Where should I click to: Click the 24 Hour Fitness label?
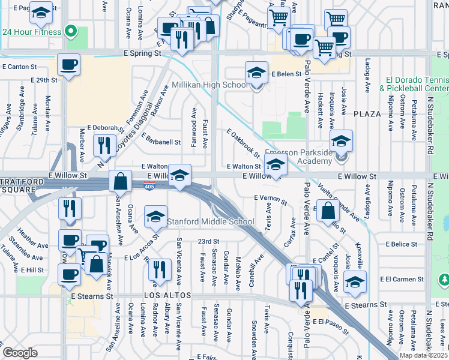31,32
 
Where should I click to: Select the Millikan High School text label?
210,85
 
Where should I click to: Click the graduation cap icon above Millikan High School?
256,73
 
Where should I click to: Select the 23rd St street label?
208,241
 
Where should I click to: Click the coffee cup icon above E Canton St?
69,64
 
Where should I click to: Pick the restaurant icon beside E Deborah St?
105,145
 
